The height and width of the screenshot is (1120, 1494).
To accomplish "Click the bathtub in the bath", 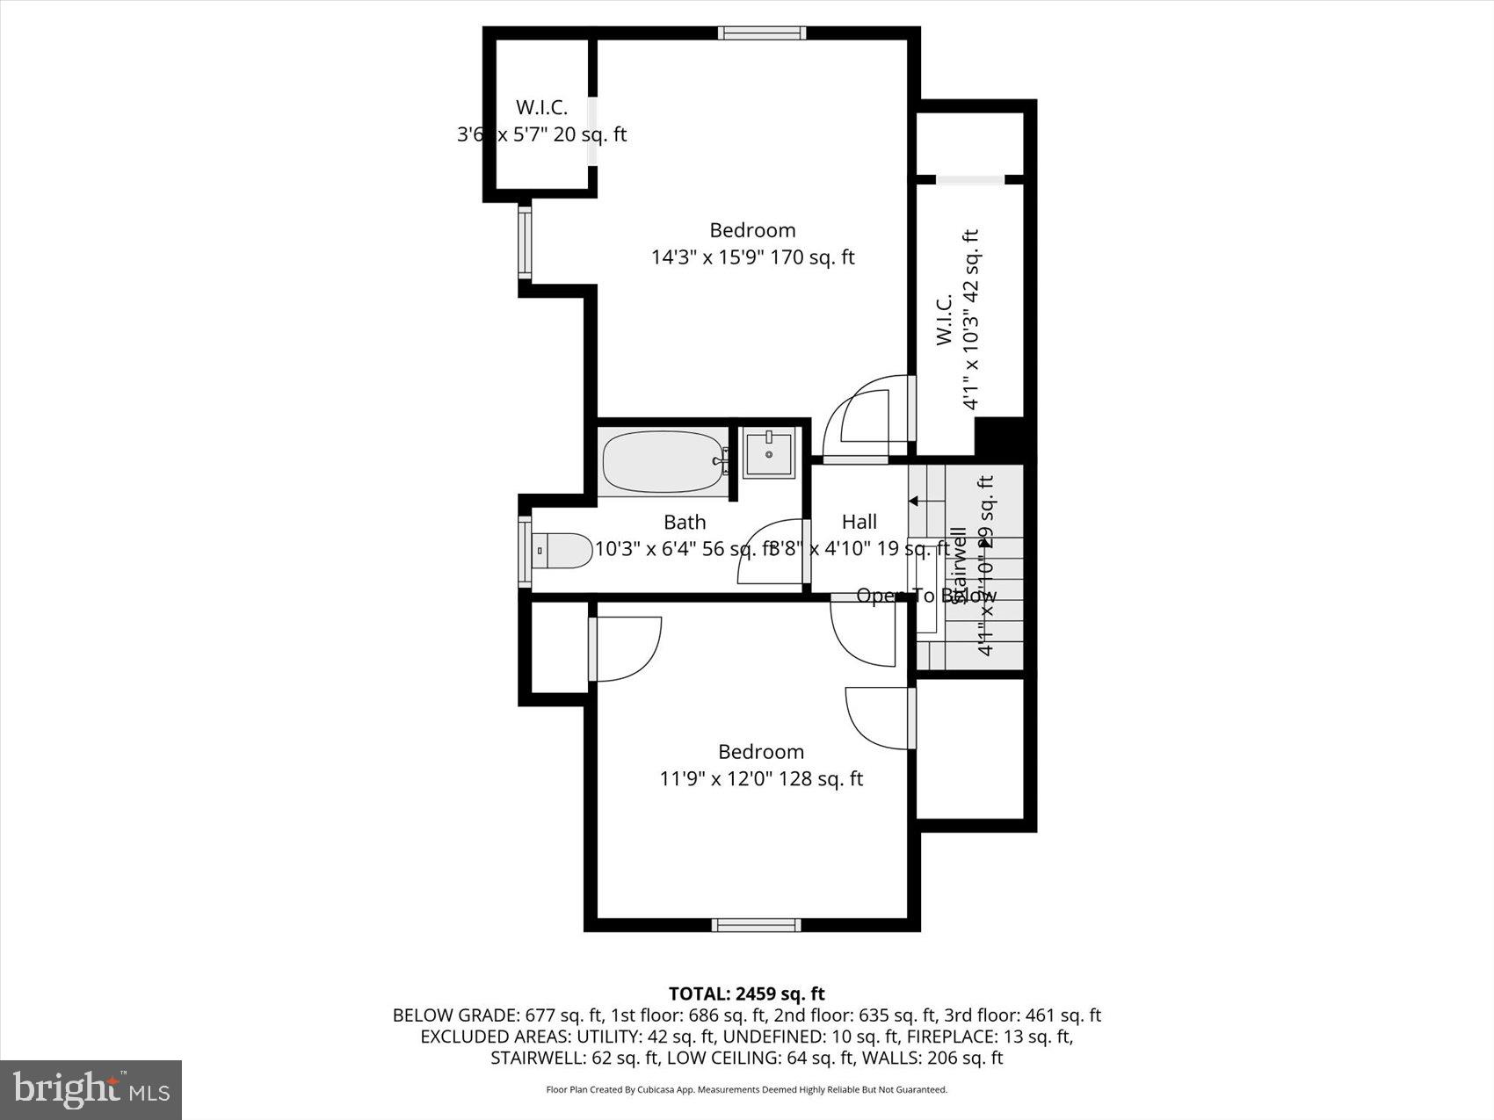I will point(665,462).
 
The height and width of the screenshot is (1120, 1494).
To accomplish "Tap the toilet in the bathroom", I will point(563,552).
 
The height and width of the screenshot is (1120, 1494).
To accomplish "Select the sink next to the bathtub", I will point(769,453).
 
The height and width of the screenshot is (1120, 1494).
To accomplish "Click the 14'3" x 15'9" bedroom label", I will point(752,244).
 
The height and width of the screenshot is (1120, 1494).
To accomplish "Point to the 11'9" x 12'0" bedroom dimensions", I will point(761,779).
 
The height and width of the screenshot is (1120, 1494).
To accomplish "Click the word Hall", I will point(859,522).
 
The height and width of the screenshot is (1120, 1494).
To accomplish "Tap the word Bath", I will point(685,523).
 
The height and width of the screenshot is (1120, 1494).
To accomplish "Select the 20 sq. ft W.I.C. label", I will point(541,121).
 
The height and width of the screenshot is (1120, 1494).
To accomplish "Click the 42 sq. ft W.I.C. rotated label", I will point(957,321).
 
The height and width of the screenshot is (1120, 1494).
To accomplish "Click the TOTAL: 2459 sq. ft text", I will point(746,994).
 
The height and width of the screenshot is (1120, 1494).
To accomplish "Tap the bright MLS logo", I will point(91,1090).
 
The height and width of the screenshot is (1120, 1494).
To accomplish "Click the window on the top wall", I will point(762,33).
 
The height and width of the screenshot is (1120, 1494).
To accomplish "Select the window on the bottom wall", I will point(756,924).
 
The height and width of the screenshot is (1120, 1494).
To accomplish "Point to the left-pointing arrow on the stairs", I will point(914,502).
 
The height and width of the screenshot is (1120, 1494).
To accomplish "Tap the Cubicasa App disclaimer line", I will point(746,1090).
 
